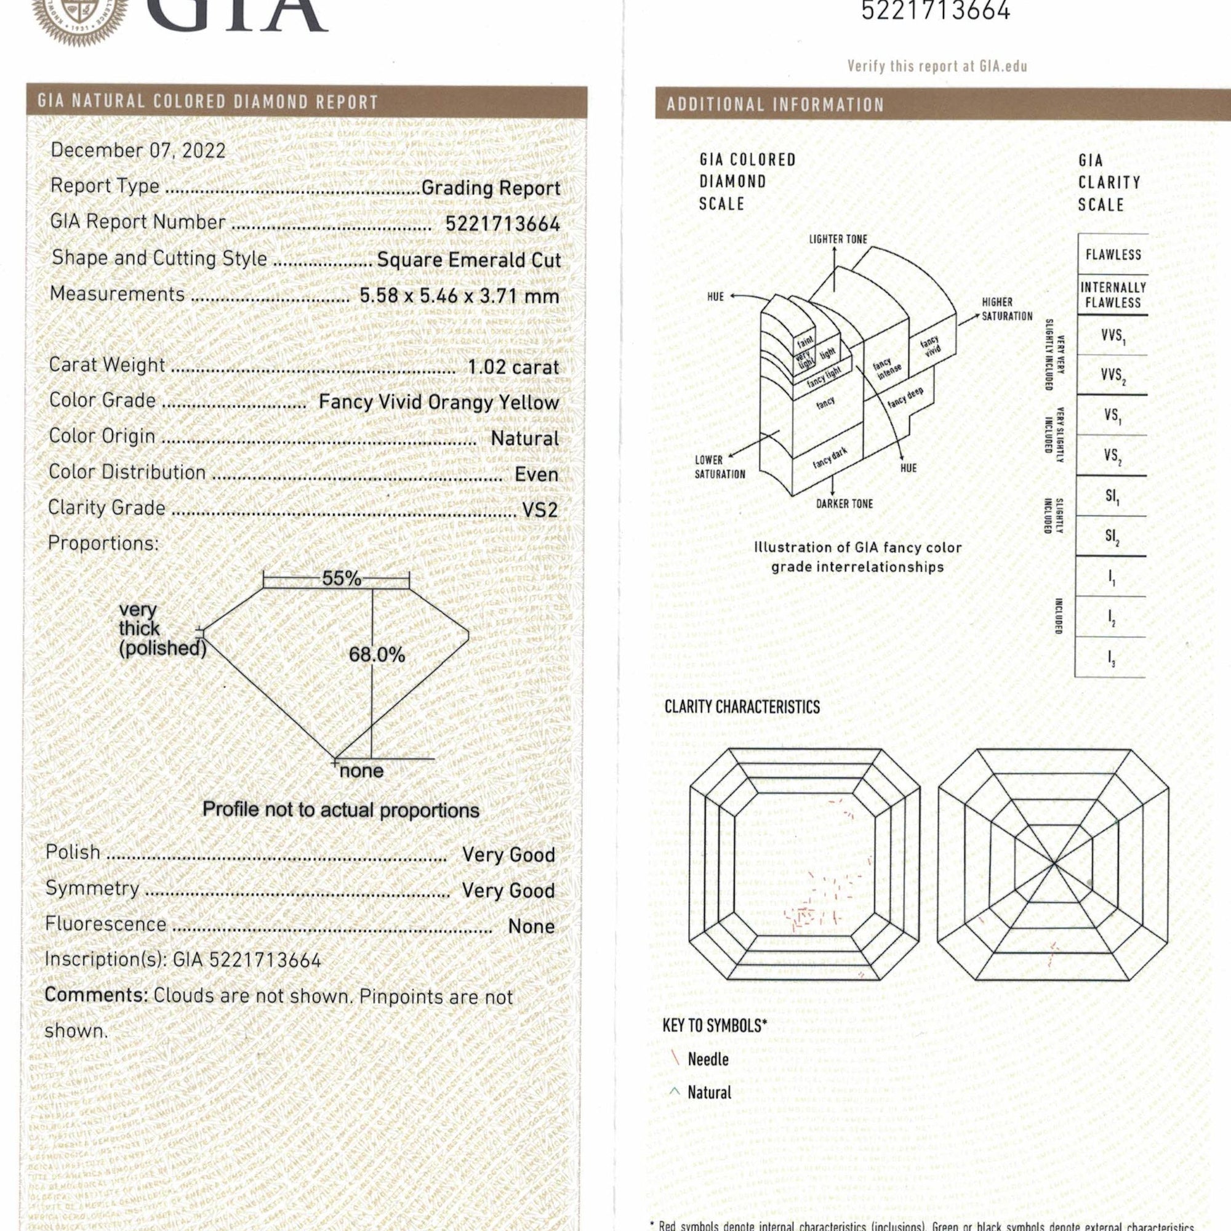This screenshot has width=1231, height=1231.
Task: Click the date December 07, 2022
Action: pos(138,150)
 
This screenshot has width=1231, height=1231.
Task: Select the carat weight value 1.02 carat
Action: pos(513,367)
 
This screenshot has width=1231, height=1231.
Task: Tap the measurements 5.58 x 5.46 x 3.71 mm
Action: pos(459,295)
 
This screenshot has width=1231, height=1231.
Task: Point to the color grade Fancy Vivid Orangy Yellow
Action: pos(438,402)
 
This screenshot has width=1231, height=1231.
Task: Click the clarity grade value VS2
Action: pos(540,510)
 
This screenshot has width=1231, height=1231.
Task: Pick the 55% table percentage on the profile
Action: pos(341,578)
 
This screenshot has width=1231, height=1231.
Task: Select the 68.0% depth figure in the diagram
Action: pos(377,654)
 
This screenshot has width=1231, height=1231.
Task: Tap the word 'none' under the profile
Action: pos(361,771)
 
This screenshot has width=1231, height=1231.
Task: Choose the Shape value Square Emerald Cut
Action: pos(468,260)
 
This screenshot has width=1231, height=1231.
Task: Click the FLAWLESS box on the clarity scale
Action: pos(1113,254)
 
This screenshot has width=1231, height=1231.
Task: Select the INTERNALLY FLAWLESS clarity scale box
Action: pos(1113,295)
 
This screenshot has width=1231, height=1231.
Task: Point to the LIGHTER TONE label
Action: pos(838,239)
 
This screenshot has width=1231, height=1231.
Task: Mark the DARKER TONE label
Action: pos(844,503)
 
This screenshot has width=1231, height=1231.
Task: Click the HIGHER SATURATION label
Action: pos(1007,309)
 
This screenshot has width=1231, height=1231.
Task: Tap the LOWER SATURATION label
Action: pos(720,467)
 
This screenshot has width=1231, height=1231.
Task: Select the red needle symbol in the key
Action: pos(675,1059)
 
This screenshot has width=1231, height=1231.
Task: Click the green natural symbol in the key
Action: pos(675,1091)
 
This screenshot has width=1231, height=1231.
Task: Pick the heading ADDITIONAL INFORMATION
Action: pos(775,105)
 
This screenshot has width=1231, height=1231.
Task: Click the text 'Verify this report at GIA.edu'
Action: pos(937,66)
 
